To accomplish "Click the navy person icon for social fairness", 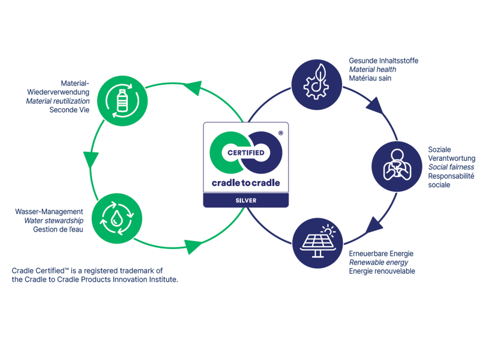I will (x=394, y=166).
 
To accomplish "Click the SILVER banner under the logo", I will (x=245, y=200).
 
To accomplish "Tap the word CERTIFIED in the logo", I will (x=245, y=152).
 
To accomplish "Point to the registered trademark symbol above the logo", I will (x=280, y=133).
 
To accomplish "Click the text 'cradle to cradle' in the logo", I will (x=245, y=182).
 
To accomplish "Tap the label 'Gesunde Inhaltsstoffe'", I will (x=383, y=61).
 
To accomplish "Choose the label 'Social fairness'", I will (x=451, y=167).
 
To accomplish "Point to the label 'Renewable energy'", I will (x=379, y=263).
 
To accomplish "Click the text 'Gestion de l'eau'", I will (x=58, y=230).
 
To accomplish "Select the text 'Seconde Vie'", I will (x=70, y=110).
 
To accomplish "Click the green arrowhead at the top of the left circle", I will (x=192, y=88).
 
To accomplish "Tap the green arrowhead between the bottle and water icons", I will (x=91, y=160).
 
